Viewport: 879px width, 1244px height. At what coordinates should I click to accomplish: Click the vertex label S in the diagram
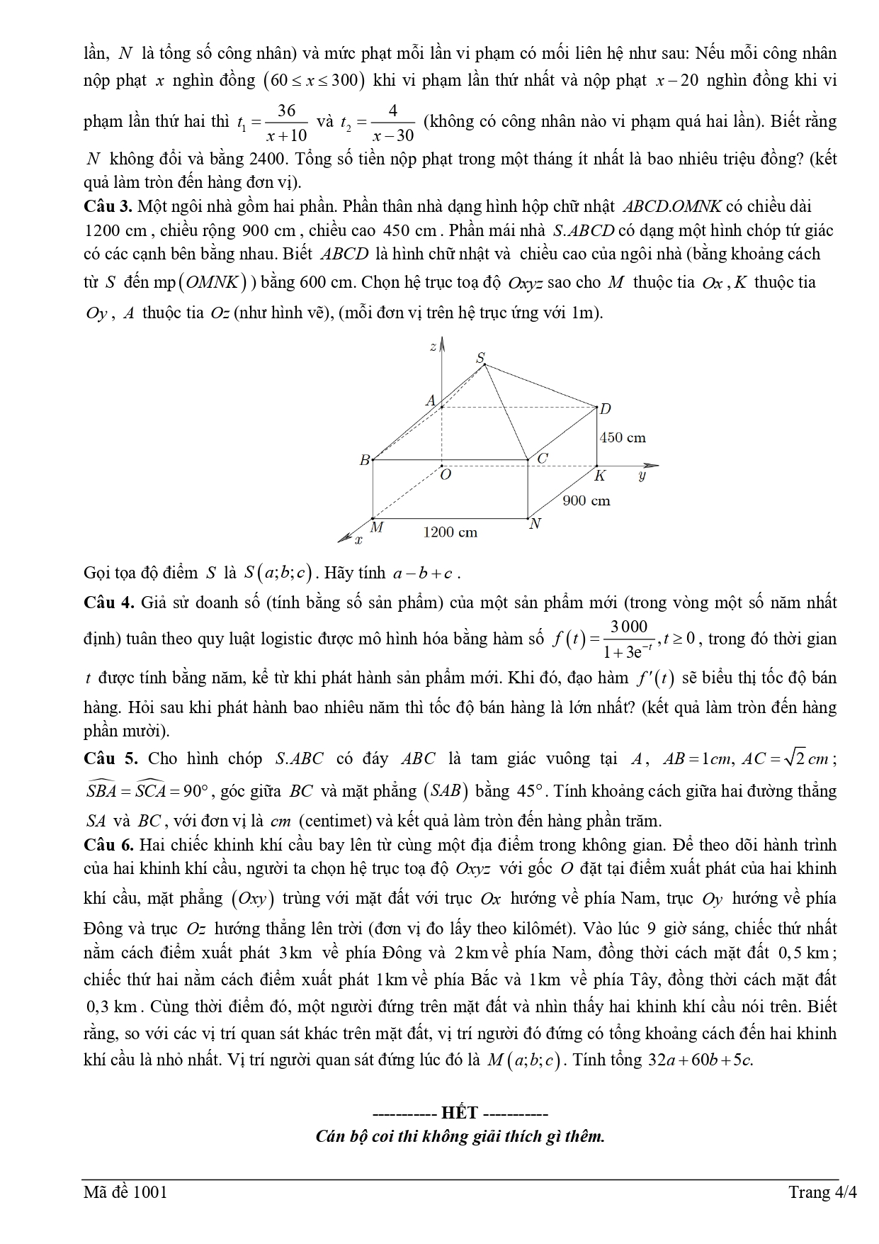coord(480,357)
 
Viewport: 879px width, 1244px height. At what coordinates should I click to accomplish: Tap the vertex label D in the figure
coord(605,409)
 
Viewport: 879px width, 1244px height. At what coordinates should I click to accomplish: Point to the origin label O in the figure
coord(446,476)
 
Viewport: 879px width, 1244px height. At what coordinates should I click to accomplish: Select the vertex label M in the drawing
coord(377,527)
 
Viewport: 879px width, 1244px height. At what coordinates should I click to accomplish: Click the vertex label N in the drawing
coord(535,524)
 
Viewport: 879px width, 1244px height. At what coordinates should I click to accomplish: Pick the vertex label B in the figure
coord(365,460)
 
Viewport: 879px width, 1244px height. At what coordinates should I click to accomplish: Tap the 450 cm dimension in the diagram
coord(623,437)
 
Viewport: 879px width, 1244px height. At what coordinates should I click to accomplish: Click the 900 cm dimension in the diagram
coord(586,500)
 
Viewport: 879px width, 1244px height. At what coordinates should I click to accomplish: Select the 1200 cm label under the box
coord(450,532)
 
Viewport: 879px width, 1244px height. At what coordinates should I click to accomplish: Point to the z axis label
coord(432,346)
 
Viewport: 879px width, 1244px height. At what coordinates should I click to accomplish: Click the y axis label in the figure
coord(642,476)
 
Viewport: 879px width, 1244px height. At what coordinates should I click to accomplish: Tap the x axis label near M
coord(358,541)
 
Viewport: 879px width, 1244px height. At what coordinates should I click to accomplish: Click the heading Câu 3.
coord(108,207)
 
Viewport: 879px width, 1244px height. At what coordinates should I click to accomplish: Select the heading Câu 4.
coord(108,603)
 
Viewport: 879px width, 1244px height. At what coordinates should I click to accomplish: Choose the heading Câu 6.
coord(108,845)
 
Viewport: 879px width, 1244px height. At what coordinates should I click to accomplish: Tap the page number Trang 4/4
coord(822,1192)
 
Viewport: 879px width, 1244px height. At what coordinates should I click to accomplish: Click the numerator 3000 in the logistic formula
coord(628,626)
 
